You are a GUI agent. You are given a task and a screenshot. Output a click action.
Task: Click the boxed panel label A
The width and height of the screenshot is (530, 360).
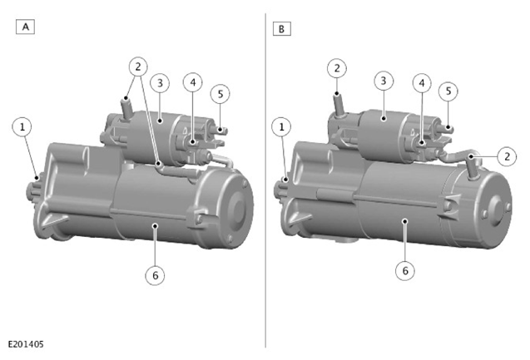tap(25, 27)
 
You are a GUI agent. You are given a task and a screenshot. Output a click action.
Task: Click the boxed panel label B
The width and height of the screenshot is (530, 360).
tap(281, 29)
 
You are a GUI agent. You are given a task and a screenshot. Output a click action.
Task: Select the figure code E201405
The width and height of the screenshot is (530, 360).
tap(26, 344)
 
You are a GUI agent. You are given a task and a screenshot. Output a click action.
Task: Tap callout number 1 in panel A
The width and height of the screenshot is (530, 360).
tap(22, 127)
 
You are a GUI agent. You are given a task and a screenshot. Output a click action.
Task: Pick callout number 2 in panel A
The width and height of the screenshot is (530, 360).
tap(138, 67)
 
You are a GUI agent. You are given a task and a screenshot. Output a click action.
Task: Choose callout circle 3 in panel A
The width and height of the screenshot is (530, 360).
tap(160, 83)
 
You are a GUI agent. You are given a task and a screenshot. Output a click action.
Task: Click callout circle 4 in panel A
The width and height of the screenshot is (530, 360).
tap(193, 82)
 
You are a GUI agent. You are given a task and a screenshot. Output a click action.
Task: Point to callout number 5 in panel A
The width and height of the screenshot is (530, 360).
tap(220, 94)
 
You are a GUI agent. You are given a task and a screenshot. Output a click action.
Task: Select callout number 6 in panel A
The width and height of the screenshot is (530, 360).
tap(155, 275)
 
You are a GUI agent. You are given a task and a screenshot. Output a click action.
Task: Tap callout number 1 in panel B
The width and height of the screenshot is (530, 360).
tap(281, 127)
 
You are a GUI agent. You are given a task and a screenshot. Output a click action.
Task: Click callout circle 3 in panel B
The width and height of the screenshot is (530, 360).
tap(384, 81)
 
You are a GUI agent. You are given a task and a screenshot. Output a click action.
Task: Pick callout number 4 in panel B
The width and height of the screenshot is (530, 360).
tap(422, 83)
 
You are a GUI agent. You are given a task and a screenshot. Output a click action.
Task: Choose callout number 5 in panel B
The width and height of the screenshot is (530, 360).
tap(448, 91)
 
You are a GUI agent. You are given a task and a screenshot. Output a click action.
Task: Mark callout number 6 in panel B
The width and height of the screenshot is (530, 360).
tap(405, 270)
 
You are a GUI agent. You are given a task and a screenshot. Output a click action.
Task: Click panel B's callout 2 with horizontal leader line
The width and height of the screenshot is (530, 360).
tap(507, 156)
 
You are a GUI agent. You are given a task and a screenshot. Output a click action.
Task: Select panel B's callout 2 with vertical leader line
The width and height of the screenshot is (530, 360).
tap(337, 68)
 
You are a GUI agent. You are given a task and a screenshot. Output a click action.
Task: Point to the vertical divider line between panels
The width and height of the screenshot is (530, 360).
tap(265, 180)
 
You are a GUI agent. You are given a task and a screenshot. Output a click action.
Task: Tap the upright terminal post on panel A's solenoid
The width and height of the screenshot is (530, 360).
tap(126, 108)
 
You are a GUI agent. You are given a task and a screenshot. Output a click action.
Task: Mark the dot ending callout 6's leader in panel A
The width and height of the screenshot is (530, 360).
tap(155, 225)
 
